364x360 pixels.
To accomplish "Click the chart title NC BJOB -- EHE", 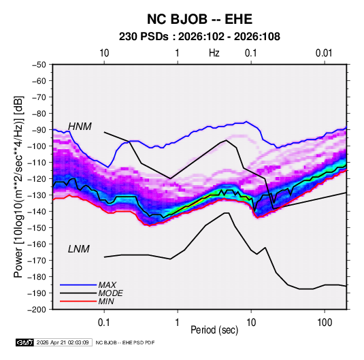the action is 199,19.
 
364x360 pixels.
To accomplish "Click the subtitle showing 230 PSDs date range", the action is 199,37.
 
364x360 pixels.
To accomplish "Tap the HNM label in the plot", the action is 80,127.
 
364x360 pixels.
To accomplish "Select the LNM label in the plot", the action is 78,249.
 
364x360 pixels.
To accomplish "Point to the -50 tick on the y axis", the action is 39,65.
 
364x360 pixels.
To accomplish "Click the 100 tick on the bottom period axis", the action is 325,323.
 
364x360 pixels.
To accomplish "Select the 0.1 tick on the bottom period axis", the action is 104,323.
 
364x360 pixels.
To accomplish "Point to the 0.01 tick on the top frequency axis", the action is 324,53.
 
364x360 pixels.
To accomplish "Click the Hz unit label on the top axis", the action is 214,53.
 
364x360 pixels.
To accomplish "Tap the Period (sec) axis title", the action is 214,330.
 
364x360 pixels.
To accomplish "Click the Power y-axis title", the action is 18,186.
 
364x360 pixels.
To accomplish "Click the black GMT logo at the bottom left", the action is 24,342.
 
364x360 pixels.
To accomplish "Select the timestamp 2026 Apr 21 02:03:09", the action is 63,342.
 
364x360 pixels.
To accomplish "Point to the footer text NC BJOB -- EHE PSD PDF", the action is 125,342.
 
